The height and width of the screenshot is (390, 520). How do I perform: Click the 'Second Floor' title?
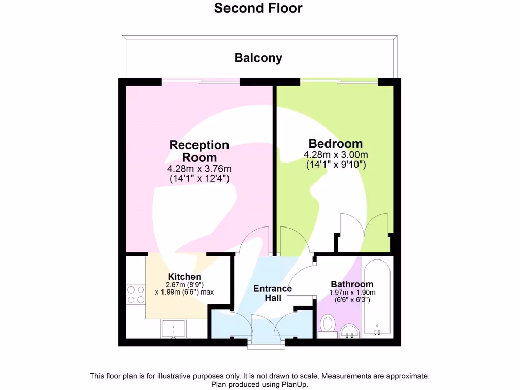point(258,8)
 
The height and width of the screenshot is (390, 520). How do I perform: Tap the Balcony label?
point(258,58)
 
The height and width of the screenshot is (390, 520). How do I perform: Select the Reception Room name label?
point(199,151)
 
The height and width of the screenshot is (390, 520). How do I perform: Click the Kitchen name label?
point(184,276)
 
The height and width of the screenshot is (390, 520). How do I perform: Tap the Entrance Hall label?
point(273,293)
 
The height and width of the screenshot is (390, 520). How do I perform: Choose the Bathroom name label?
point(352,284)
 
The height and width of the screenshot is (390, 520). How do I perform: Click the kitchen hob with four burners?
point(136,295)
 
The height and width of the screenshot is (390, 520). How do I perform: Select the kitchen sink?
point(173,329)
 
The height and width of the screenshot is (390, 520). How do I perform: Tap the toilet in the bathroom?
point(328,325)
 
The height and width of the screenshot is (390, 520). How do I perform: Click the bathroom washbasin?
point(349,333)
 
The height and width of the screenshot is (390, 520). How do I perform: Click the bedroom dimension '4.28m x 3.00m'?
point(336,155)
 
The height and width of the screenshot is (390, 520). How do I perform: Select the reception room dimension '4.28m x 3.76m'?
point(199,169)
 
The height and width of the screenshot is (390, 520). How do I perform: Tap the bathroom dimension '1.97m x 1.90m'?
point(353,292)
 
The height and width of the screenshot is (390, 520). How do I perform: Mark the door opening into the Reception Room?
point(255,241)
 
